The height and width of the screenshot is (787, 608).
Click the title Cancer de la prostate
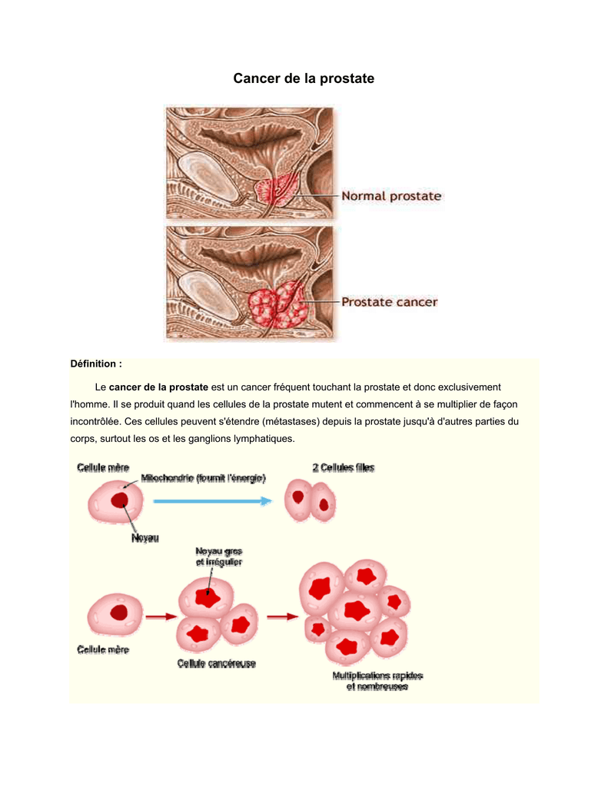[x=304, y=78]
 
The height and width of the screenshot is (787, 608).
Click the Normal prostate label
[x=391, y=196]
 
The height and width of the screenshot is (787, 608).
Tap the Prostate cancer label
[x=389, y=302]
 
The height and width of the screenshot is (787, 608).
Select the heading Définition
[x=96, y=364]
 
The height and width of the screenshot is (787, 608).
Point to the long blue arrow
[x=212, y=500]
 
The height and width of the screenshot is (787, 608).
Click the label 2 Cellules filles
[x=344, y=467]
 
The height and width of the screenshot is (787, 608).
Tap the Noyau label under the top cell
[x=144, y=539]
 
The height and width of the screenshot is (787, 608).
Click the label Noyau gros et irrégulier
[x=219, y=556]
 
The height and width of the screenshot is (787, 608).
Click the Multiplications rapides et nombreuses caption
[x=377, y=681]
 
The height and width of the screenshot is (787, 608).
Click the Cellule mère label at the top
[x=103, y=467]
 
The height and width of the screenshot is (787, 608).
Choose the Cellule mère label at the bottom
[x=103, y=649]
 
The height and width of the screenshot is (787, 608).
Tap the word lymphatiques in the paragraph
[x=257, y=438]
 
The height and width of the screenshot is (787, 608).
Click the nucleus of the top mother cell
[x=120, y=500]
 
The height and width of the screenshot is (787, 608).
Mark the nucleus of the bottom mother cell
[x=119, y=613]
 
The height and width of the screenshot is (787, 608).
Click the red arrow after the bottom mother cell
[x=161, y=616]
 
